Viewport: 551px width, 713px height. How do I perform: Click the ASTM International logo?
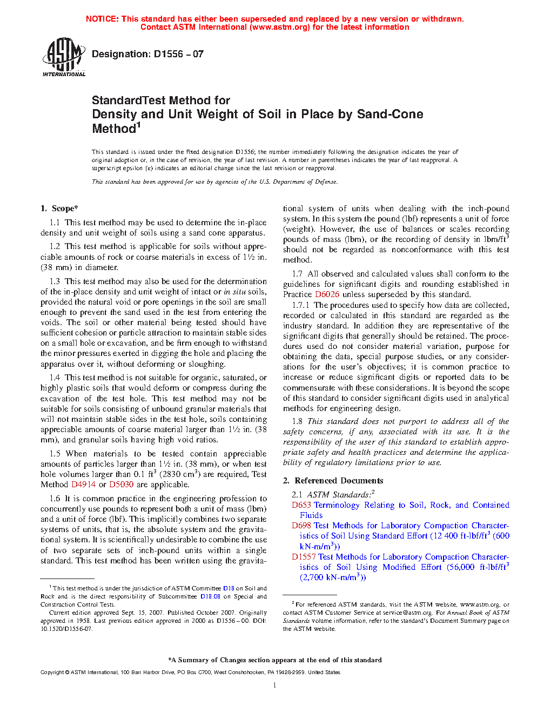(x=63, y=56)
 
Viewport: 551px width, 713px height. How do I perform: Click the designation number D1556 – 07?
(x=178, y=54)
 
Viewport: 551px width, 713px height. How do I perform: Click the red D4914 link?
(x=83, y=485)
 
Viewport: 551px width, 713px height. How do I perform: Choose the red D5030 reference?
(x=121, y=485)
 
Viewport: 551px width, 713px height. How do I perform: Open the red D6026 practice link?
(x=327, y=294)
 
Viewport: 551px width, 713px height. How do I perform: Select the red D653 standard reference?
(x=301, y=505)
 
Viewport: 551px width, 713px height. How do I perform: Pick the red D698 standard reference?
(x=301, y=526)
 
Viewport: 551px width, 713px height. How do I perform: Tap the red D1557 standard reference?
(x=304, y=557)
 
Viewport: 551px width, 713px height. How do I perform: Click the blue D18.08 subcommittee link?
(x=210, y=596)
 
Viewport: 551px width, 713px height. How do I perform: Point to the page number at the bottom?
(x=275, y=685)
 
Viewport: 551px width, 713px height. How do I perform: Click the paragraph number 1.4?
(x=55, y=378)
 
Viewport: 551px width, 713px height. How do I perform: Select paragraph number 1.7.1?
(x=300, y=305)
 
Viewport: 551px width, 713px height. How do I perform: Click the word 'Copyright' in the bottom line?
(x=52, y=672)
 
